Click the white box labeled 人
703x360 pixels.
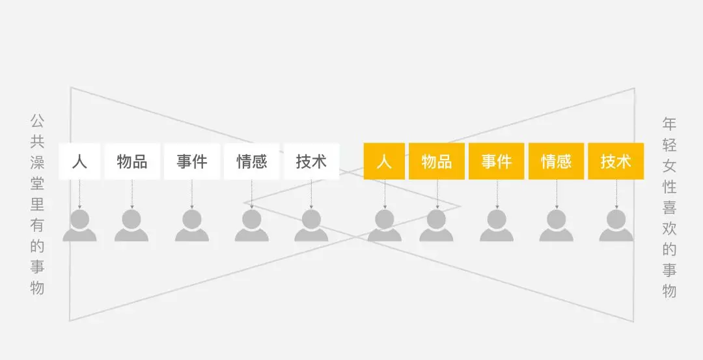click(79, 161)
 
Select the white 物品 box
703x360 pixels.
click(132, 161)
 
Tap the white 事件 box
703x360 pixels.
click(192, 161)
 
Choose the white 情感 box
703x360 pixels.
click(251, 161)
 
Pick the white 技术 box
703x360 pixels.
click(312, 161)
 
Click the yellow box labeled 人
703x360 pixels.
click(384, 161)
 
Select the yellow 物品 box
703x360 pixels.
click(437, 161)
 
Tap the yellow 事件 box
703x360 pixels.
click(496, 161)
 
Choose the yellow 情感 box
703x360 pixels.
click(557, 161)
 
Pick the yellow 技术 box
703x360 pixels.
click(616, 161)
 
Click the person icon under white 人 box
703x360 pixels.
click(79, 225)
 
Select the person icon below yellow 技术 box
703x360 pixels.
click(616, 225)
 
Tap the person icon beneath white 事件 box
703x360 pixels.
click(192, 225)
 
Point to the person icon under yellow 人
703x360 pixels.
click(384, 225)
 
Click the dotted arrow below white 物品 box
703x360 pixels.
click(132, 194)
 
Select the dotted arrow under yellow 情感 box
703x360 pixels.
click(557, 194)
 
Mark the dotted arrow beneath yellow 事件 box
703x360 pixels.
click(497, 194)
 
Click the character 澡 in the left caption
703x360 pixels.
click(37, 163)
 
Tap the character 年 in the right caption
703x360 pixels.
click(669, 124)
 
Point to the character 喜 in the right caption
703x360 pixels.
click(669, 208)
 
